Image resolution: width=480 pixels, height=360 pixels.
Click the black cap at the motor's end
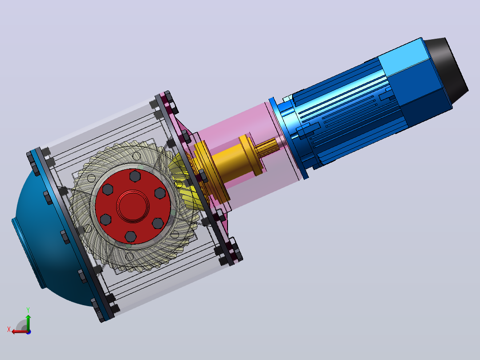pos(447,69)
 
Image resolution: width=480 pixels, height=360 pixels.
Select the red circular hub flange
pos(133,206)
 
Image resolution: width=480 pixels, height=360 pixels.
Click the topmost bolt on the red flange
pos(135,176)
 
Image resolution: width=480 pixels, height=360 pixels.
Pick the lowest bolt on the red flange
pos(131,237)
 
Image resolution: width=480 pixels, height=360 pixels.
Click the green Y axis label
pos(28,310)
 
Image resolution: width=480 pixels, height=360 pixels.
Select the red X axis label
pos(9,330)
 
